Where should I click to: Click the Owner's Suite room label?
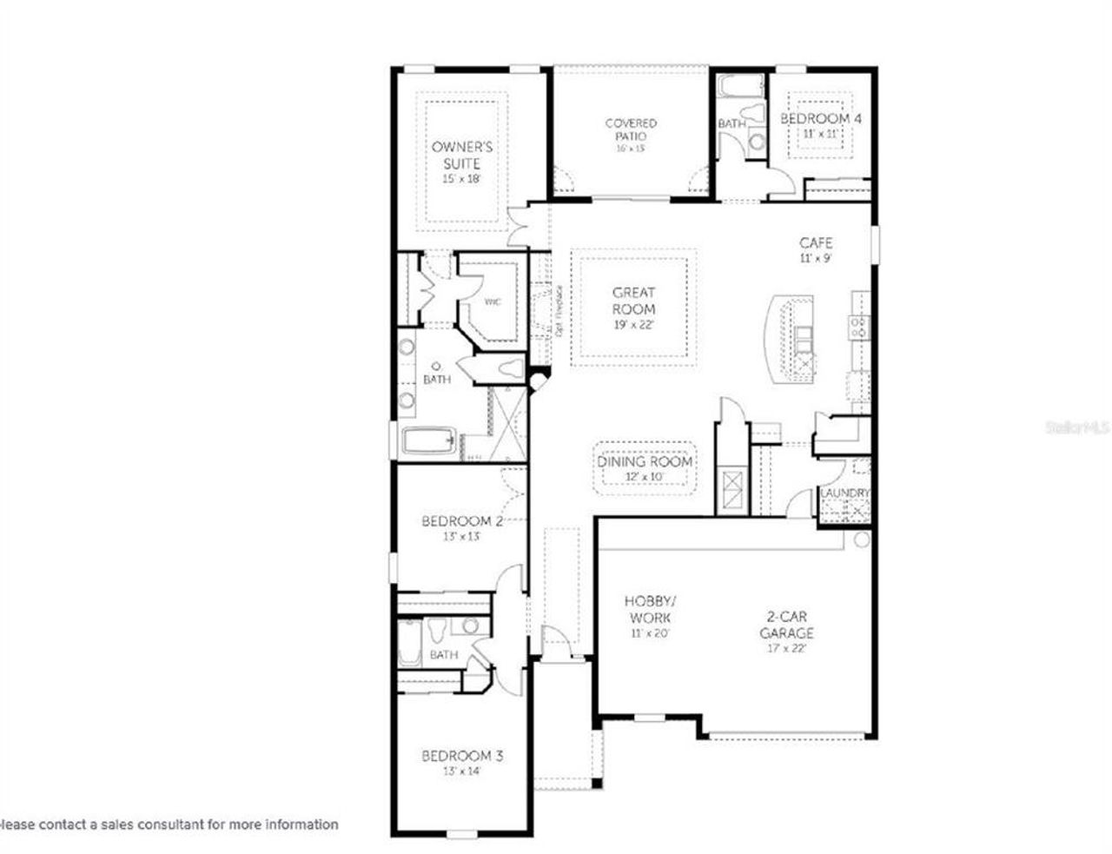click(x=461, y=156)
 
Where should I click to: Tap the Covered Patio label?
click(x=631, y=129)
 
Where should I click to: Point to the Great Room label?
click(x=633, y=301)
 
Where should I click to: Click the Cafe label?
click(x=816, y=243)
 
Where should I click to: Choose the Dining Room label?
click(x=645, y=461)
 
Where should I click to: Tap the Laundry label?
click(x=844, y=493)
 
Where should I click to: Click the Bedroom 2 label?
click(x=461, y=521)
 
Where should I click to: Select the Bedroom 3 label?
click(x=461, y=756)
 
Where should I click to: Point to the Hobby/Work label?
click(x=647, y=609)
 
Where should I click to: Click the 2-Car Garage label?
click(x=785, y=625)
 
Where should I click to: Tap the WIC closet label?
click(x=493, y=302)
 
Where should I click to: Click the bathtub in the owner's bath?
click(x=428, y=440)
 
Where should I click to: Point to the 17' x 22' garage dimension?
click(x=785, y=648)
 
